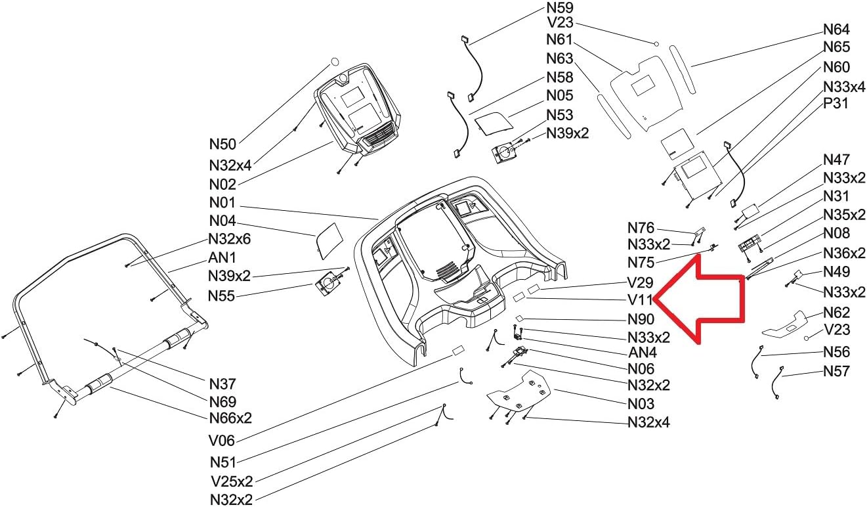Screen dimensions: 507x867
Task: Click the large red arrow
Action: coord(702,299)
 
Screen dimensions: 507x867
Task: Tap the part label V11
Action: coord(640,301)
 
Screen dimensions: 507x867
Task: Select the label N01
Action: coord(222,203)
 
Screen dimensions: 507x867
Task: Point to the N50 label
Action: coord(222,143)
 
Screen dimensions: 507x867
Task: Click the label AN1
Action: coord(222,257)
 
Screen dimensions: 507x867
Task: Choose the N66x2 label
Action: coord(230,418)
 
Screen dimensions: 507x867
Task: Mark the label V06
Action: coord(222,441)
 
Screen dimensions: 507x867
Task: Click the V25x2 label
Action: coord(232,481)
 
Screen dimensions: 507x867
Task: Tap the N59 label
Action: coord(560,9)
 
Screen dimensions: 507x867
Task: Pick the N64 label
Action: coord(836,30)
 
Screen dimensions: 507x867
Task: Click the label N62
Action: coord(836,313)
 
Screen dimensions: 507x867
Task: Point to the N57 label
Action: coord(836,372)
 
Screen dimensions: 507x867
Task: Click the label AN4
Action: coord(643,353)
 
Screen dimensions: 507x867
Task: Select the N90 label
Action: coord(641,320)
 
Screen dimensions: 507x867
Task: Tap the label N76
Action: coord(641,228)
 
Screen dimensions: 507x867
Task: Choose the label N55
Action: coord(222,296)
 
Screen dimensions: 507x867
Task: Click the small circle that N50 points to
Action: coord(333,61)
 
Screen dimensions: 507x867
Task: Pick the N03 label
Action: coord(641,404)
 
